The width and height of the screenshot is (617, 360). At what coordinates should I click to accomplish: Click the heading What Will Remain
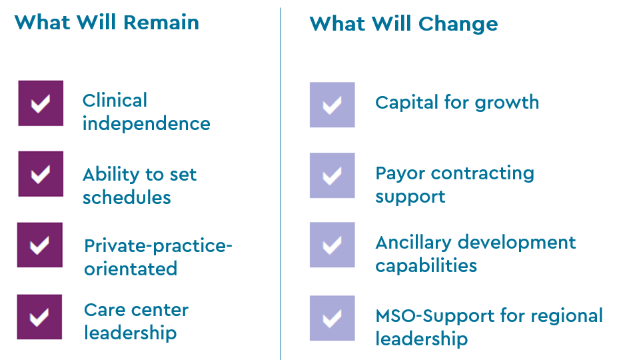(107, 22)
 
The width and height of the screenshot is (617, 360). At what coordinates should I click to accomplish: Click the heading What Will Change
(403, 24)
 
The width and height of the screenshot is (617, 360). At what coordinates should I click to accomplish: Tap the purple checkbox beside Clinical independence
(41, 103)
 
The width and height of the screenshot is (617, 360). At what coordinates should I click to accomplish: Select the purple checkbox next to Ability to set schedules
(41, 174)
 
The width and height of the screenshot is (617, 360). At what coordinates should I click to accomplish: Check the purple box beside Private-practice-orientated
(40, 245)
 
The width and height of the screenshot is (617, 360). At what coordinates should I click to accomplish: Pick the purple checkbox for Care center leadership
(40, 317)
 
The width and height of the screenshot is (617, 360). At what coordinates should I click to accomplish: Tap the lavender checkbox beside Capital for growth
(332, 105)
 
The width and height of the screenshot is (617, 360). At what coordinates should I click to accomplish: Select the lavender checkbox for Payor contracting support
(332, 175)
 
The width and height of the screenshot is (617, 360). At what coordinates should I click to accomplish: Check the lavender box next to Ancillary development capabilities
(332, 245)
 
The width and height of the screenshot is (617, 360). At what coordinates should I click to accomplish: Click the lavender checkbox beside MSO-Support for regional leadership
(332, 318)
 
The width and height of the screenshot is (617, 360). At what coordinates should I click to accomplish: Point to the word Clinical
(115, 101)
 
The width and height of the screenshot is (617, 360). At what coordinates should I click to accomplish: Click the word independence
(146, 124)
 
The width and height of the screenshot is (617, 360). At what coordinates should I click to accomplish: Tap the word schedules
(127, 198)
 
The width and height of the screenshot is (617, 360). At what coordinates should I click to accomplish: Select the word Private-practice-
(158, 246)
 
